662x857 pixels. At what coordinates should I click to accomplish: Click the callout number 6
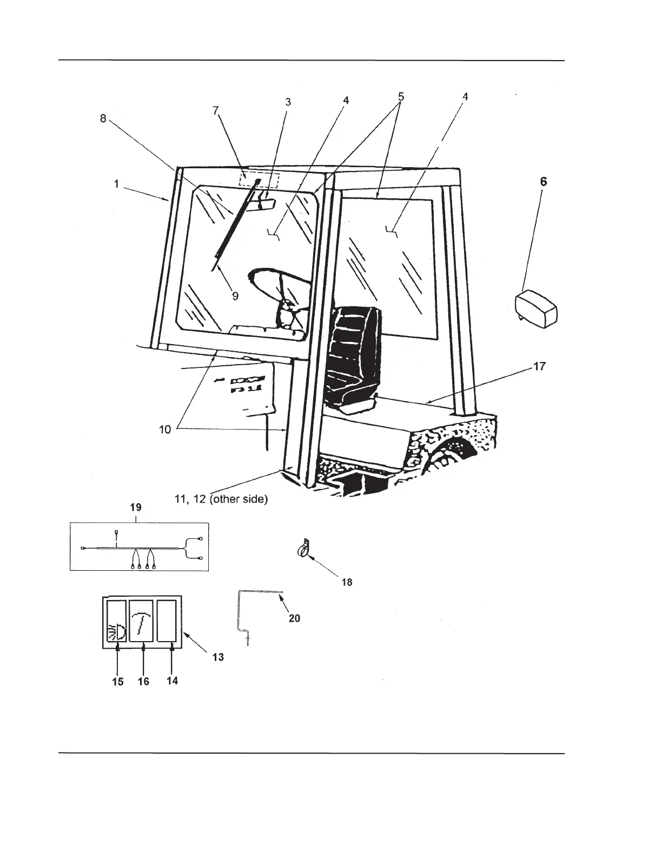click(544, 182)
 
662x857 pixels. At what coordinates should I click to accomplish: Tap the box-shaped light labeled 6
click(537, 308)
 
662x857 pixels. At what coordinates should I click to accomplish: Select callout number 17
click(539, 366)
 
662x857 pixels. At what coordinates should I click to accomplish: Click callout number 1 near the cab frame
click(116, 184)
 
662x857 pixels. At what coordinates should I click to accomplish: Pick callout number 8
click(103, 118)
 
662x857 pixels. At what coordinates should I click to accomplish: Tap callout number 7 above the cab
click(215, 110)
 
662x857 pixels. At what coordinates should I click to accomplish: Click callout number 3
click(288, 101)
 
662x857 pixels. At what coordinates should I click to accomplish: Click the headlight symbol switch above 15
click(117, 620)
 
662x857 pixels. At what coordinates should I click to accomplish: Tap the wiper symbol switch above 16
click(143, 620)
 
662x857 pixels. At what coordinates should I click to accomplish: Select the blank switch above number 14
click(168, 620)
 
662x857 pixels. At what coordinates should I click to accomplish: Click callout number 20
click(294, 618)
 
